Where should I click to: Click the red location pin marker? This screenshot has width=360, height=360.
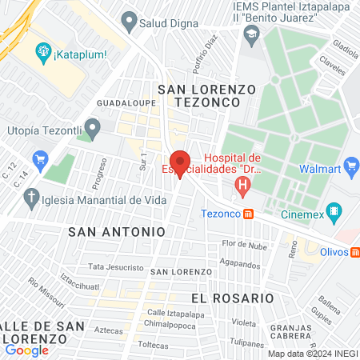pyautogui.click(x=180, y=162)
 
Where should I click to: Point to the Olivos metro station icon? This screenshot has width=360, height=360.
pyautogui.click(x=355, y=251)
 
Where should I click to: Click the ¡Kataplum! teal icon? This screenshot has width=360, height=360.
pyautogui.click(x=42, y=54)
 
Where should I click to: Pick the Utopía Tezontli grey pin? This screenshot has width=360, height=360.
pyautogui.click(x=93, y=126)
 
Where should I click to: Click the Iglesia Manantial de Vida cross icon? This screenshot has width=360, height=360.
pyautogui.click(x=32, y=197)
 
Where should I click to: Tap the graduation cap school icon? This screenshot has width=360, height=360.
pyautogui.click(x=253, y=34)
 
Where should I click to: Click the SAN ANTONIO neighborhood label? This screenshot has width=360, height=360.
pyautogui.click(x=117, y=231)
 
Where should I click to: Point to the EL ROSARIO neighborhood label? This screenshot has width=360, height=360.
pyautogui.click(x=233, y=298)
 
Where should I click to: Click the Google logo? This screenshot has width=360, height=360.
pyautogui.click(x=26, y=350)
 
